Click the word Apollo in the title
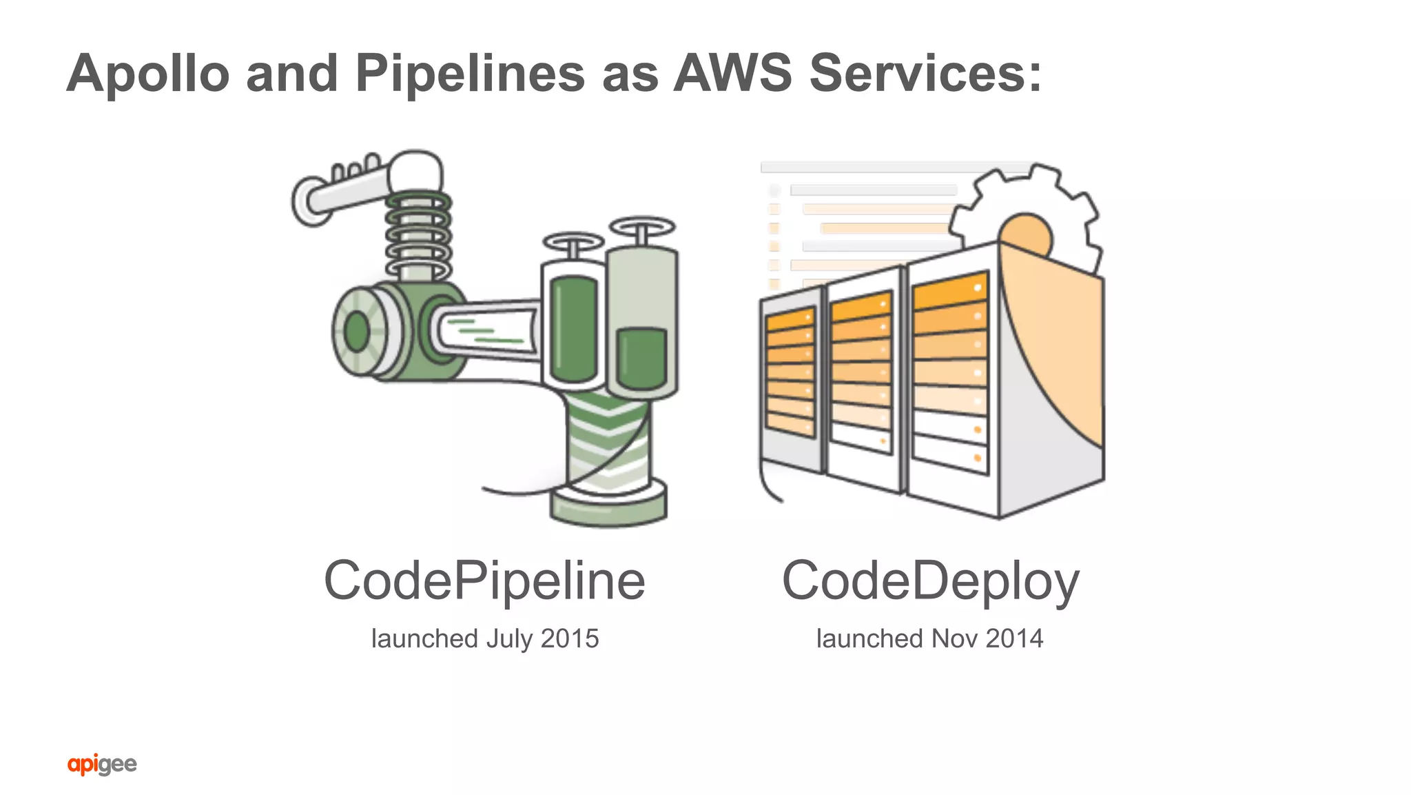pos(148,73)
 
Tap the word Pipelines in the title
pos(470,73)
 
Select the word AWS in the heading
pos(732,73)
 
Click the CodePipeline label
pos(484,581)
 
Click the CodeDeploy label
pos(930,581)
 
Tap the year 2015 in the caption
pos(570,638)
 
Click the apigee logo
pos(102,764)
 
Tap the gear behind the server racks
pos(1033,207)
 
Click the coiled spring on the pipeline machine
pos(418,234)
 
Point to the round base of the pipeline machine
pos(608,507)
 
